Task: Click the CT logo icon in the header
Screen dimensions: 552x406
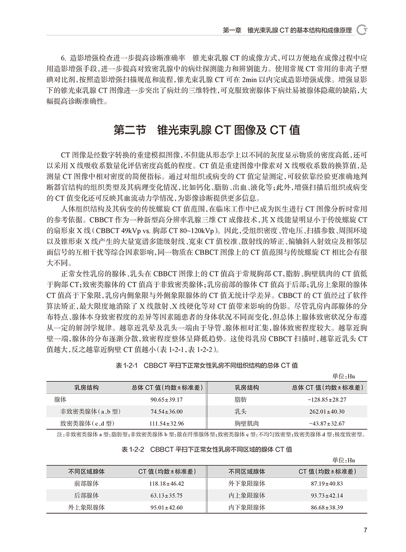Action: click(362, 30)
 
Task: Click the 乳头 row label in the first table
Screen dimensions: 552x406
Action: click(240, 412)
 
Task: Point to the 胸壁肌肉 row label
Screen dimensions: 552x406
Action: click(246, 423)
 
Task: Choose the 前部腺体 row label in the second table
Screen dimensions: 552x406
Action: click(87, 483)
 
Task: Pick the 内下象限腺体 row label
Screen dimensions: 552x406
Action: click(247, 507)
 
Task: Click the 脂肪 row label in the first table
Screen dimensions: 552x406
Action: click(240, 400)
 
